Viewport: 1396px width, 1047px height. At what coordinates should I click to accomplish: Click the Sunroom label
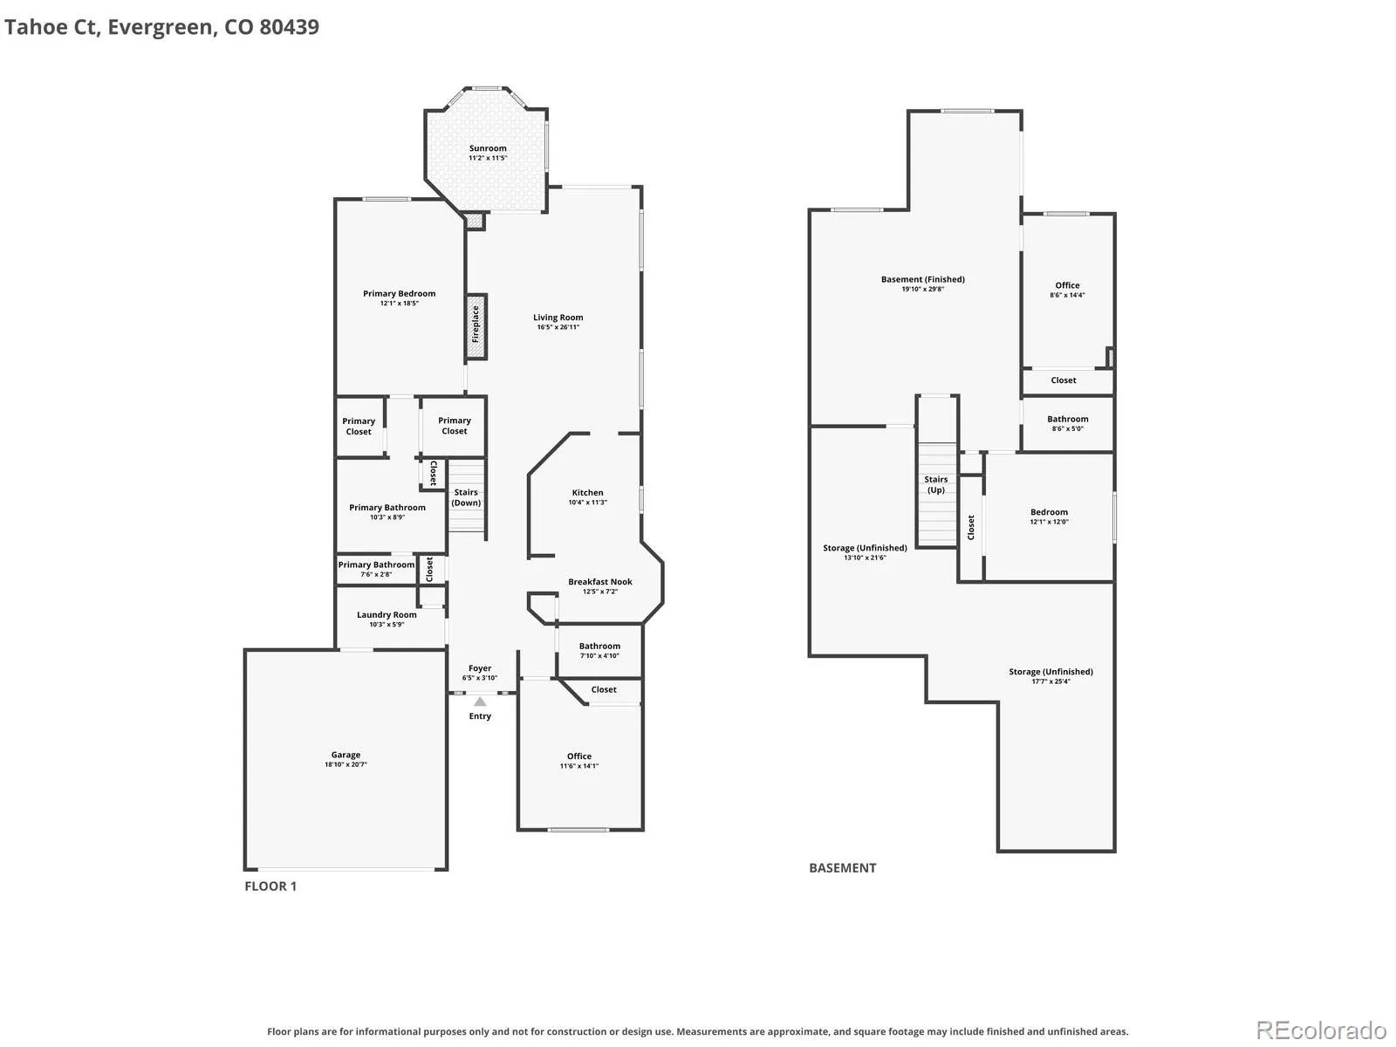click(x=488, y=148)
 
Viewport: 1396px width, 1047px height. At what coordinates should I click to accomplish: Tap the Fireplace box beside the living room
click(x=476, y=326)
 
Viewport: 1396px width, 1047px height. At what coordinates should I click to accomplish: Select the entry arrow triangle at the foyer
click(x=480, y=701)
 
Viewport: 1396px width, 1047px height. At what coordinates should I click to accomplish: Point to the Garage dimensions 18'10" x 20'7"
click(x=346, y=764)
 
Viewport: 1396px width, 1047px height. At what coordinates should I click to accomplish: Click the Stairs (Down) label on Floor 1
click(x=466, y=497)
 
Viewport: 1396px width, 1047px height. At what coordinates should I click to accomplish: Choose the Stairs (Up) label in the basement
click(x=935, y=484)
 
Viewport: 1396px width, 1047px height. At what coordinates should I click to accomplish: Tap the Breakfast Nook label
click(x=599, y=582)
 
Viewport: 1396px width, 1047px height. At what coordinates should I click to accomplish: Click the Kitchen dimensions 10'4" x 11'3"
click(x=588, y=503)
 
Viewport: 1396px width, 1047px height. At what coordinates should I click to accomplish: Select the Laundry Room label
click(x=387, y=615)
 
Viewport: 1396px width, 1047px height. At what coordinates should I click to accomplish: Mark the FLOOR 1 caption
click(x=270, y=886)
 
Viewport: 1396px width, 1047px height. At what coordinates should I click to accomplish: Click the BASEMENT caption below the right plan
click(x=842, y=868)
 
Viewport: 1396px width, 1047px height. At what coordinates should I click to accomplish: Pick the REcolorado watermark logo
click(x=1321, y=1030)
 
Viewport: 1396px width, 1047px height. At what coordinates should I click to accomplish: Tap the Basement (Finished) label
click(x=923, y=279)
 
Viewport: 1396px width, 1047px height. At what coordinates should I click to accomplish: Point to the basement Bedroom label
click(x=1049, y=512)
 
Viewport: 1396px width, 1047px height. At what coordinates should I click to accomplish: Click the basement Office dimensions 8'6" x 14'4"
click(x=1067, y=295)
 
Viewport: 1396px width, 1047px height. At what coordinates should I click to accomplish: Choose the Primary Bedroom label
click(x=399, y=294)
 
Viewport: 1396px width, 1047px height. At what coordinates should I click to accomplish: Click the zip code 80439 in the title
click(x=290, y=27)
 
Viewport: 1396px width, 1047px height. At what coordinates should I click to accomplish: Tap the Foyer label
click(x=480, y=668)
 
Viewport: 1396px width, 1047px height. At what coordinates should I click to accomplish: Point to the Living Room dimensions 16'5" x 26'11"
click(x=558, y=327)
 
